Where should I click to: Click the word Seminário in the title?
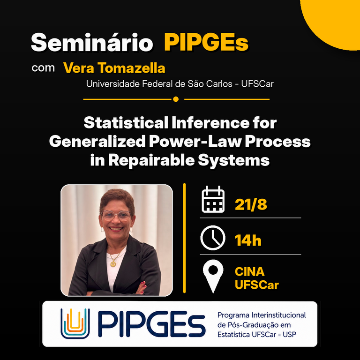(x=92, y=42)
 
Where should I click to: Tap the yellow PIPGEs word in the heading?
(x=206, y=42)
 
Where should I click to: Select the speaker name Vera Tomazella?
(x=114, y=68)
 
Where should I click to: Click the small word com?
(x=43, y=68)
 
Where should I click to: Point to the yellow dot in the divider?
(x=176, y=99)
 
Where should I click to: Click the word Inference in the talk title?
(x=210, y=123)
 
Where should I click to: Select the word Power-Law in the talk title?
(x=195, y=142)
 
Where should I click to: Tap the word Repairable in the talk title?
(x=151, y=160)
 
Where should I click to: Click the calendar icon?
(x=213, y=199)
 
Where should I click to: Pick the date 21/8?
(x=251, y=204)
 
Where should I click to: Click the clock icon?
(x=213, y=238)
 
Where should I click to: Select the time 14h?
(x=248, y=240)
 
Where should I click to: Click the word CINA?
(x=249, y=272)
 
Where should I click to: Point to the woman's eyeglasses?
(x=116, y=216)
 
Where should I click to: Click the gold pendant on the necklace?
(x=113, y=264)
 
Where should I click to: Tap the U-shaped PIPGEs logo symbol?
(x=75, y=323)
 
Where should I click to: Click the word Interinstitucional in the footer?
(x=279, y=315)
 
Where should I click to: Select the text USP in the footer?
(x=290, y=335)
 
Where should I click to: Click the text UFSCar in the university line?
(x=257, y=84)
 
